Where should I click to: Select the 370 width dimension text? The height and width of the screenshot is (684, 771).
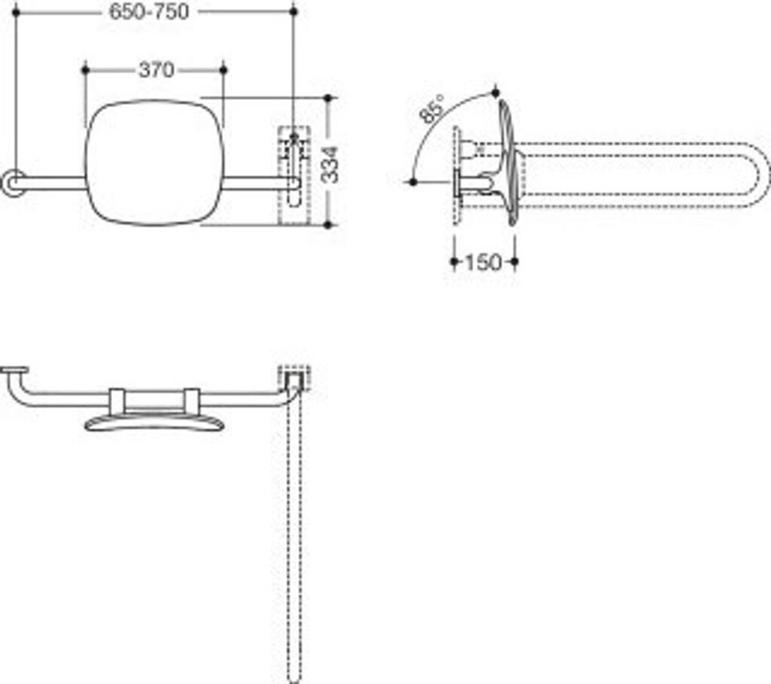(x=156, y=70)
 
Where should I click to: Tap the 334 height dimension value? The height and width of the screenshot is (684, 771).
(x=330, y=164)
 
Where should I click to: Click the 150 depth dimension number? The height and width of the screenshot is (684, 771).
(x=483, y=262)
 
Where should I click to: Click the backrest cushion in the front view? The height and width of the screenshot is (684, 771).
(x=154, y=163)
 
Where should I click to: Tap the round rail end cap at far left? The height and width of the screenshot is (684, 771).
(x=11, y=183)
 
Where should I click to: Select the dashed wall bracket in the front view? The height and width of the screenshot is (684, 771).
(x=294, y=175)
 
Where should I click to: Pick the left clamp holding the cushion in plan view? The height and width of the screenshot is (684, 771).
(x=117, y=400)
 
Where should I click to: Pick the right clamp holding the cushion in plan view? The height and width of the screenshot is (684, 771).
(x=191, y=400)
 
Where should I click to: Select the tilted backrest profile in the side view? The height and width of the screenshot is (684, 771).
(x=509, y=162)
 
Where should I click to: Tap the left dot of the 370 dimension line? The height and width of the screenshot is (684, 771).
(x=85, y=70)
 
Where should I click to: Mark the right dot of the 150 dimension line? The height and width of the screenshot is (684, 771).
(x=514, y=262)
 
